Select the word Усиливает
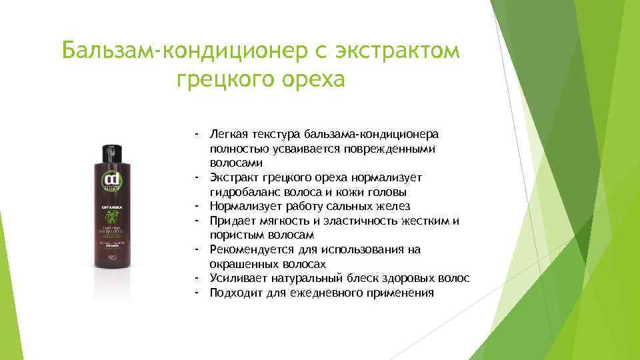coord(237,279)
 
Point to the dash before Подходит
coord(198,293)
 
